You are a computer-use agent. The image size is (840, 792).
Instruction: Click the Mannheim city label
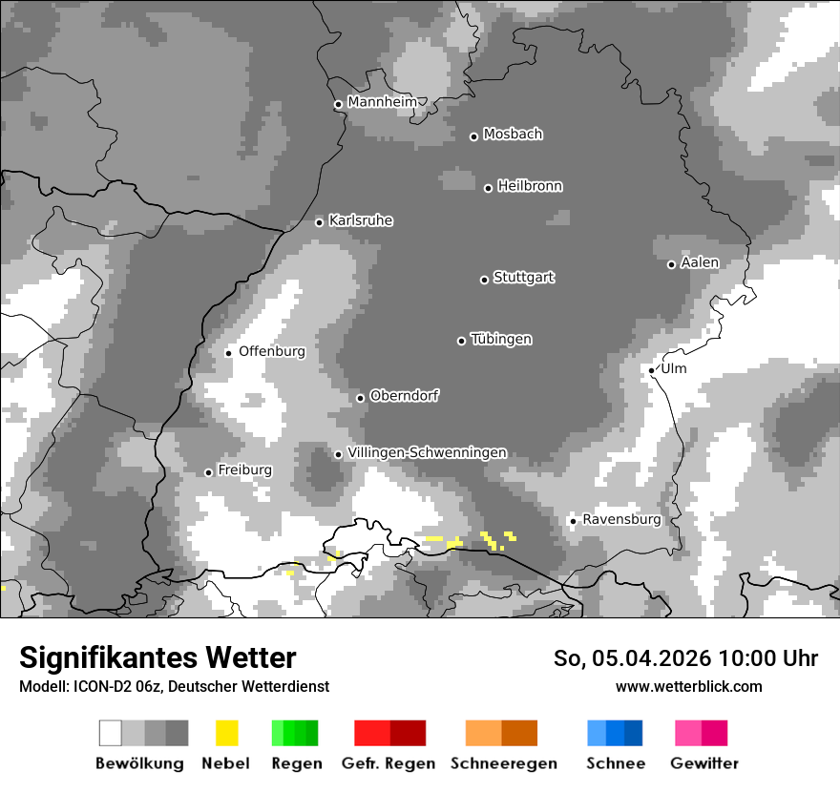(382, 102)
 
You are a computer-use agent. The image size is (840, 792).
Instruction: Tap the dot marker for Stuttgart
(484, 280)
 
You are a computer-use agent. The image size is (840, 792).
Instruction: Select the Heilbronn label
(530, 186)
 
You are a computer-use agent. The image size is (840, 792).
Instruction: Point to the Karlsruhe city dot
(320, 222)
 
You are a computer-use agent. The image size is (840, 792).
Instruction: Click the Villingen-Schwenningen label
(427, 452)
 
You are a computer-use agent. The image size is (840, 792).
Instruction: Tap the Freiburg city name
(244, 470)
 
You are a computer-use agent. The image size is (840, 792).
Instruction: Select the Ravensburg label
(621, 519)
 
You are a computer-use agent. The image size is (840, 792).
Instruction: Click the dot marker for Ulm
(652, 370)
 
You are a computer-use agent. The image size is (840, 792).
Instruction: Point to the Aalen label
(700, 262)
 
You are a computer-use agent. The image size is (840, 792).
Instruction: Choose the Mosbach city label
(513, 135)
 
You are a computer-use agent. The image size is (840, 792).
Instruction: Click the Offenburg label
(272, 351)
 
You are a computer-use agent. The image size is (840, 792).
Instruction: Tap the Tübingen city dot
(462, 341)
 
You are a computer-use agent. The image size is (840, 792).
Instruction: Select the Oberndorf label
(405, 396)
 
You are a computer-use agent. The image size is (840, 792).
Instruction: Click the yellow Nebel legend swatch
(227, 733)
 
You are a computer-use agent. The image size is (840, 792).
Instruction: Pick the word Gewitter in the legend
(704, 763)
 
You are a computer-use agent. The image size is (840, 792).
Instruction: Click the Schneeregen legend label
(504, 763)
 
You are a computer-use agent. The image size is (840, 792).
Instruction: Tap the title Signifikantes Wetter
(157, 657)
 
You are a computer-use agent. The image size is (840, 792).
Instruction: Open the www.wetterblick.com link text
(688, 686)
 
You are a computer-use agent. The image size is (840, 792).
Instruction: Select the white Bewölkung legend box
(111, 733)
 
